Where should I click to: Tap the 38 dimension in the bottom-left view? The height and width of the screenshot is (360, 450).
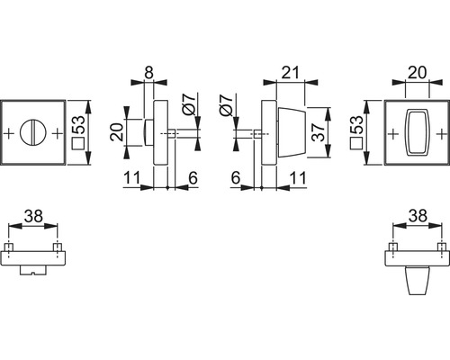pos(33,217)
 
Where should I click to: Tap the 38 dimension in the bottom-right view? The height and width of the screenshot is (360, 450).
pos(417,217)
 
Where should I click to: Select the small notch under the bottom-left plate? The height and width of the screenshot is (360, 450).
pos(34,270)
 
